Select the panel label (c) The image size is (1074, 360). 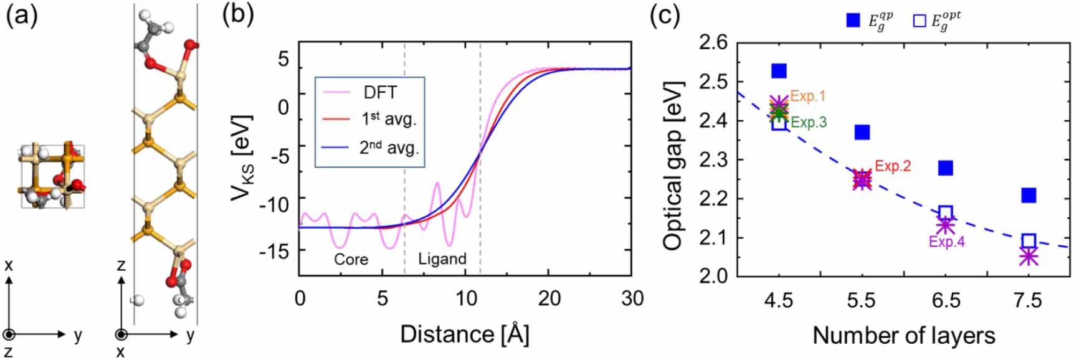(x=665, y=15)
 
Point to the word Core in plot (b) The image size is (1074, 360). (x=351, y=259)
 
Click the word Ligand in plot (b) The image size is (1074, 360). (x=442, y=259)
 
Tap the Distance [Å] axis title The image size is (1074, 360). (x=464, y=334)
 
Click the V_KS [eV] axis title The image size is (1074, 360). (x=242, y=158)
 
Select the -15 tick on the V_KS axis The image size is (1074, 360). (x=275, y=251)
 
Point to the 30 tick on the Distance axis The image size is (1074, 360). (x=632, y=298)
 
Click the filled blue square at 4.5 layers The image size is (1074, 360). (x=779, y=70)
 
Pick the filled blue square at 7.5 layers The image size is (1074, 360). (x=1029, y=196)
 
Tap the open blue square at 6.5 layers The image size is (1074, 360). (x=945, y=213)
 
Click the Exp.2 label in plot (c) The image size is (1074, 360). (x=892, y=166)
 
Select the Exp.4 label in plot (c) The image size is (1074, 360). (x=946, y=242)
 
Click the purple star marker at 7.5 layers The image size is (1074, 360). (x=1029, y=256)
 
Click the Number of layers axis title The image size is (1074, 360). (x=903, y=336)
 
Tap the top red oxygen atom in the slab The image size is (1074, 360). (x=191, y=45)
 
